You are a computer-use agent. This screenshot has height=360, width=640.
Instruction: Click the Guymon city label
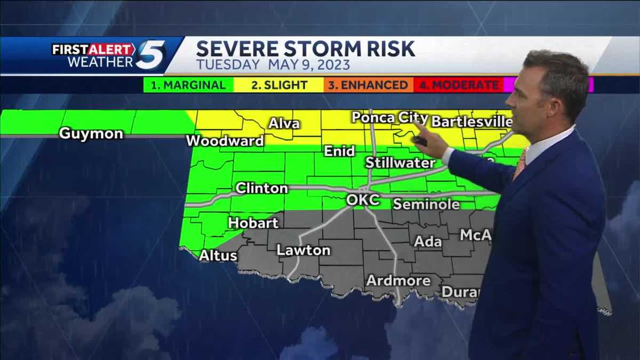(x=91, y=133)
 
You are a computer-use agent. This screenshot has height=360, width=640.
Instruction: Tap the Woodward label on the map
(x=225, y=141)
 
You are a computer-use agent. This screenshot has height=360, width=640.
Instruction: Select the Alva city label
(x=284, y=124)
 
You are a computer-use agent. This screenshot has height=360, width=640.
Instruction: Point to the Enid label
(x=339, y=151)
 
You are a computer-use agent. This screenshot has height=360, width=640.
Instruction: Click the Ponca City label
(x=390, y=117)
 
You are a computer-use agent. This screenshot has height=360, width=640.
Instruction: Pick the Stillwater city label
(x=400, y=163)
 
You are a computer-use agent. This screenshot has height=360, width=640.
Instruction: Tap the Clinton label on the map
(x=261, y=188)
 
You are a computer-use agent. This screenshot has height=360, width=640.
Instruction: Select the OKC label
(x=363, y=200)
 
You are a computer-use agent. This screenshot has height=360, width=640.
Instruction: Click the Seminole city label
(x=426, y=204)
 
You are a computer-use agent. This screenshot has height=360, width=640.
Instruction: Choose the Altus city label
(x=218, y=256)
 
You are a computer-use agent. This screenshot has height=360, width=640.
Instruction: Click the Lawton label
(x=303, y=250)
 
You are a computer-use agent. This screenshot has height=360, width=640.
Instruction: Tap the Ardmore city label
(x=398, y=281)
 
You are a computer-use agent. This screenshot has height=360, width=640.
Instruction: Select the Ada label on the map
(x=428, y=242)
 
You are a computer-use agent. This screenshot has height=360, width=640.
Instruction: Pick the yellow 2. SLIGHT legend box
(x=278, y=85)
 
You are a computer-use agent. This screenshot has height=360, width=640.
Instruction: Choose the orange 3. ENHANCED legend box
(x=368, y=85)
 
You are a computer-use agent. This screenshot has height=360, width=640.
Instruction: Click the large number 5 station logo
(x=150, y=55)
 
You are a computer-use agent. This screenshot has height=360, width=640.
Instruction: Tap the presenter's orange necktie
(x=519, y=163)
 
